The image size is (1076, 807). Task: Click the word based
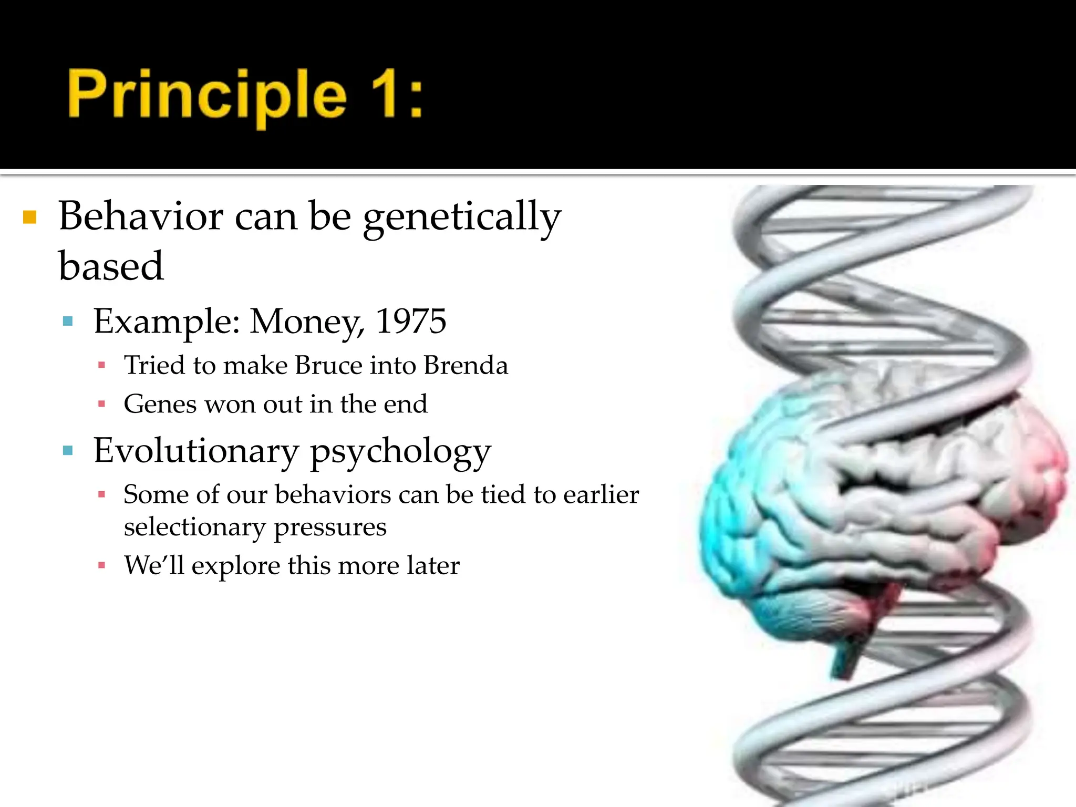click(x=111, y=266)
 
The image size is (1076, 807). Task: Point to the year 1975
click(x=411, y=321)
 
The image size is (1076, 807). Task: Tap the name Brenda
click(x=465, y=365)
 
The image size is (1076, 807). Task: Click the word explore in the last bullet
click(x=236, y=566)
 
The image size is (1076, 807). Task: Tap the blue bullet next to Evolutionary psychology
click(x=68, y=450)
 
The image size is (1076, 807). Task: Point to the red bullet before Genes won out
click(x=102, y=404)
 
